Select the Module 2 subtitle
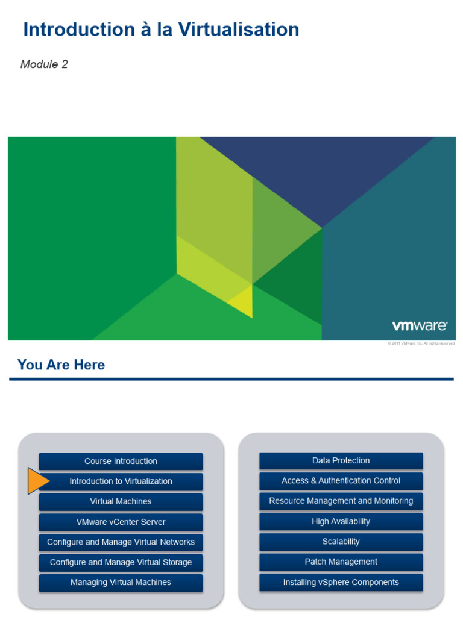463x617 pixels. tap(44, 64)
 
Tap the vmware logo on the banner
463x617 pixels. tap(420, 326)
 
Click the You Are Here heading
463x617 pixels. tap(61, 365)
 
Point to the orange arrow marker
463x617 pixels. tap(38, 481)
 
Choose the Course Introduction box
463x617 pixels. tap(121, 462)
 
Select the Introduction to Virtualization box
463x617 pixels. tap(121, 481)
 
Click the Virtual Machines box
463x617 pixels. tap(121, 502)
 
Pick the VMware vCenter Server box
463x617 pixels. tap(121, 522)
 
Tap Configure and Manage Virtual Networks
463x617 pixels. tap(121, 542)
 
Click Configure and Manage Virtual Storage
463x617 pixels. tap(121, 563)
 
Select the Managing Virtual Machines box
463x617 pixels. tap(121, 583)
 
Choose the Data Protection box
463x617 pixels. tap(341, 461)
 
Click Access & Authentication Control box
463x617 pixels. tap(341, 481)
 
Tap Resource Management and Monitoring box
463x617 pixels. tap(341, 501)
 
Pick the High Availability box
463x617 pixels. tap(341, 522)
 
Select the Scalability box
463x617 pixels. tap(341, 542)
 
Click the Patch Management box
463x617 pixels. tap(341, 562)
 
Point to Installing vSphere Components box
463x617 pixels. tap(341, 583)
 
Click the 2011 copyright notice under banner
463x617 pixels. tap(421, 343)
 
